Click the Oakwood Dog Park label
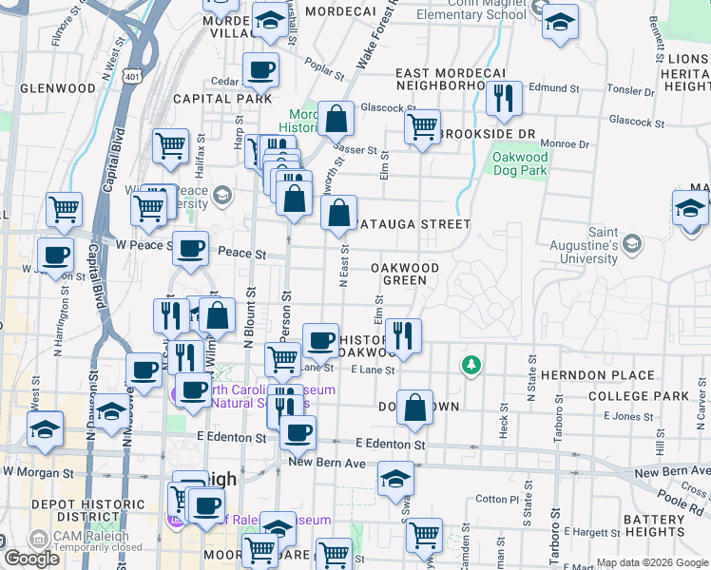[x=521, y=163]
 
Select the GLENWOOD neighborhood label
[x=58, y=88]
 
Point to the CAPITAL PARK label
[x=222, y=99]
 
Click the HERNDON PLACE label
[x=608, y=375]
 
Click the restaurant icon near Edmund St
[x=502, y=97]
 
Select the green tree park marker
[x=470, y=364]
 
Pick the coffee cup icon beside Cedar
[x=260, y=68]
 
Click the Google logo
[x=31, y=559]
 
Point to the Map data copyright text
[x=651, y=561]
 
